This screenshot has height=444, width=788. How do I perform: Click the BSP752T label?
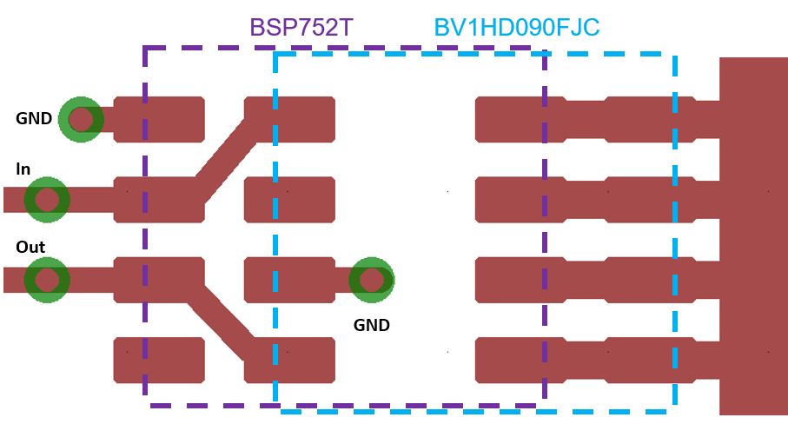click(301, 28)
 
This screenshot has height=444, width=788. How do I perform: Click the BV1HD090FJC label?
click(517, 28)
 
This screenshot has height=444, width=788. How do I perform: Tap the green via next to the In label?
click(47, 200)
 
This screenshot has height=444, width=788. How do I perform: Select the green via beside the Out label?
click(47, 280)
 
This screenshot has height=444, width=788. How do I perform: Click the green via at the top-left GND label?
click(81, 119)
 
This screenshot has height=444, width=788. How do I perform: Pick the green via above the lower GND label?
click(371, 280)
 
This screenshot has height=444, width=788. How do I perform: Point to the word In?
click(23, 169)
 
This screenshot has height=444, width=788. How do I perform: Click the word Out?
click(30, 248)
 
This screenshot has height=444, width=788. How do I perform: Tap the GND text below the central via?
click(371, 326)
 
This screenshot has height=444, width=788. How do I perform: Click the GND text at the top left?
click(34, 119)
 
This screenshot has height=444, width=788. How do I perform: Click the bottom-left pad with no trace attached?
click(159, 360)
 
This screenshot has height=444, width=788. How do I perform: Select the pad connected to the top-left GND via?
click(159, 119)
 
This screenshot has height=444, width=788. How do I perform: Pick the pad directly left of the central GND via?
click(289, 280)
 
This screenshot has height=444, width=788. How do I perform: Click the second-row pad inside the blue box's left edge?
click(289, 200)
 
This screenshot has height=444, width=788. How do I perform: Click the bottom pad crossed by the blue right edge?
click(650, 360)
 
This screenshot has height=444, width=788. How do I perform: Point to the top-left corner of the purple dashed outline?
click(145, 49)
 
